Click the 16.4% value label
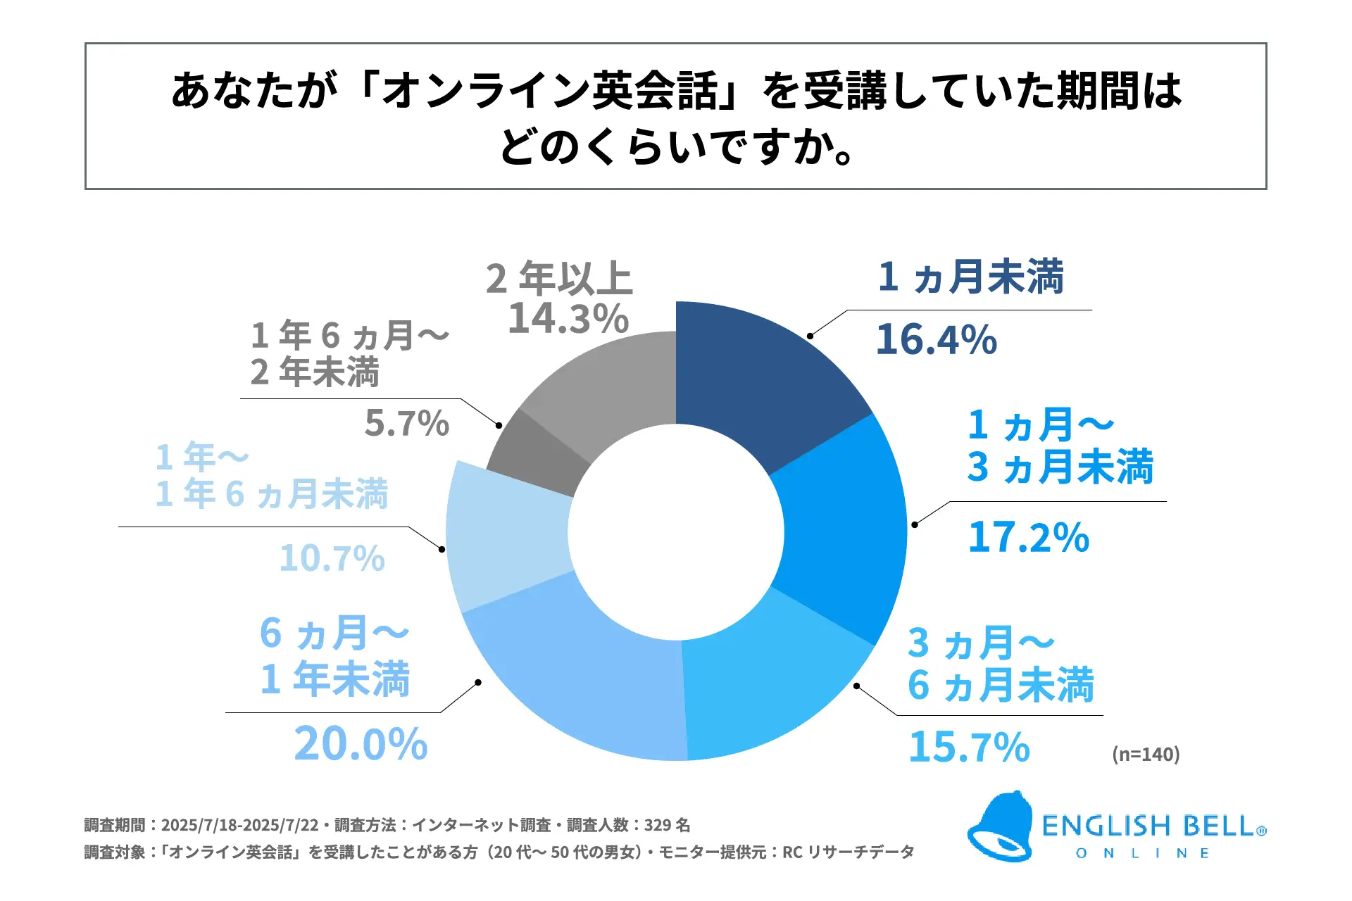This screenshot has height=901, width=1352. (937, 340)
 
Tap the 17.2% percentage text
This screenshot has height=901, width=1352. (1028, 538)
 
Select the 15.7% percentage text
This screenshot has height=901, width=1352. (969, 747)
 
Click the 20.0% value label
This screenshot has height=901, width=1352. (361, 744)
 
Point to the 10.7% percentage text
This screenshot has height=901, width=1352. (332, 559)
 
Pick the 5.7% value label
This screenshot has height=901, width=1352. (406, 424)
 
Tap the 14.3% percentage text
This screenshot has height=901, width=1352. (568, 319)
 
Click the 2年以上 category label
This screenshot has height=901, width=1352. (559, 278)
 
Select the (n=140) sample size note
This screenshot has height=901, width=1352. (1146, 755)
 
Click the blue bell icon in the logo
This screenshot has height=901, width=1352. (1000, 827)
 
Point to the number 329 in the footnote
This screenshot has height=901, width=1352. (658, 825)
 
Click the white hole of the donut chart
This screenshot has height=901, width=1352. (676, 532)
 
